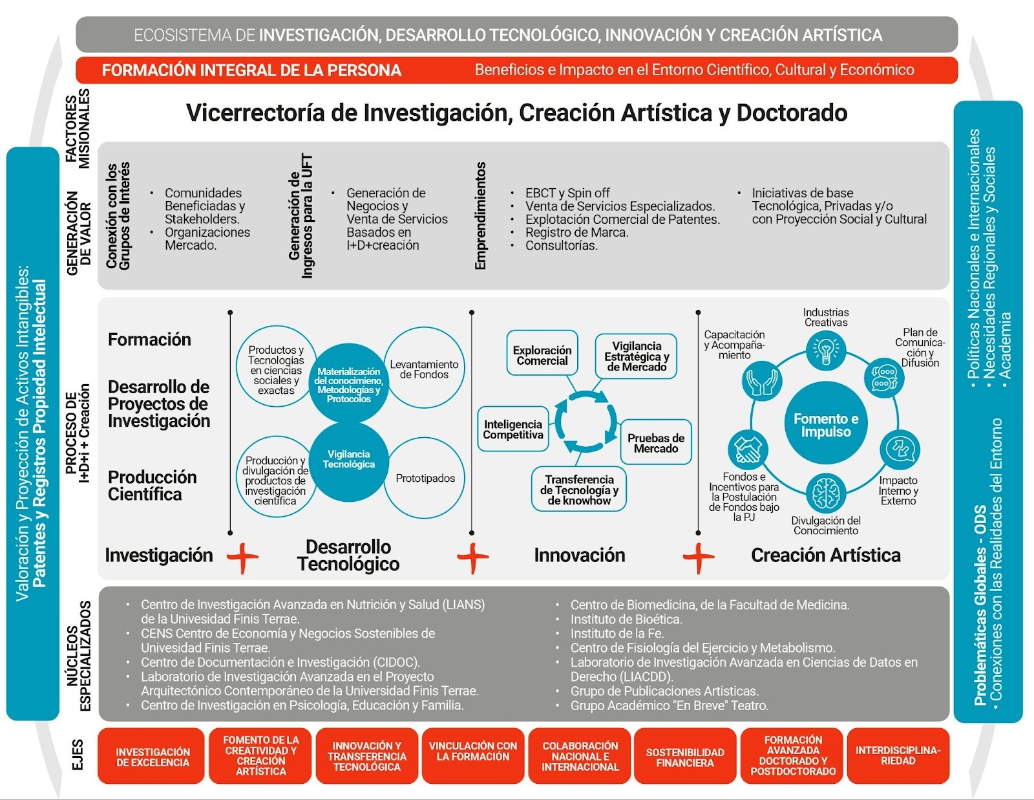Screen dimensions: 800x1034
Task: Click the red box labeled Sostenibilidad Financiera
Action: (x=684, y=757)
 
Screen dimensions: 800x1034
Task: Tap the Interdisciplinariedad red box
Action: (x=898, y=755)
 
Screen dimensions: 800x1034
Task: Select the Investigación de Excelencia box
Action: (x=153, y=757)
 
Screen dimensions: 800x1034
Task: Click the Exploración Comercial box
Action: (x=542, y=355)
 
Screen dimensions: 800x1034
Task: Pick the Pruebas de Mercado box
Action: (x=655, y=443)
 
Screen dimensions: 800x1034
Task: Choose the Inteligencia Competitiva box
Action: (x=513, y=429)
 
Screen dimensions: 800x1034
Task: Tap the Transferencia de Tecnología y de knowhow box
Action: (x=579, y=490)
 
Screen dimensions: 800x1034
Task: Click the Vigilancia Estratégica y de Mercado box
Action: (x=636, y=356)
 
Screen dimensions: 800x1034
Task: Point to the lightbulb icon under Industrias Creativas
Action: (x=825, y=350)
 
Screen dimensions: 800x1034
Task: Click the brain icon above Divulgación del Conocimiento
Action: (x=825, y=493)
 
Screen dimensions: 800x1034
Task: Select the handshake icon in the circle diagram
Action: (x=748, y=449)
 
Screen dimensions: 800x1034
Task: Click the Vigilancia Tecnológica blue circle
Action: (x=349, y=460)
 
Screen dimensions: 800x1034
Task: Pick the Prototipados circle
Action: (x=425, y=478)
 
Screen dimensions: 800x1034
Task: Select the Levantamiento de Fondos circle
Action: (x=424, y=369)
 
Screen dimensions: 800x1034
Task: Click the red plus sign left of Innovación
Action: (x=472, y=557)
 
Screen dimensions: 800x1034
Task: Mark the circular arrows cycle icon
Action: (x=585, y=422)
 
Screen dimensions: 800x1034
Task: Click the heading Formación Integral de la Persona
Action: (x=251, y=70)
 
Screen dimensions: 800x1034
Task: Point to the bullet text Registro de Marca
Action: (x=576, y=232)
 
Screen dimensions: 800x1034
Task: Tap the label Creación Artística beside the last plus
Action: (x=825, y=556)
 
